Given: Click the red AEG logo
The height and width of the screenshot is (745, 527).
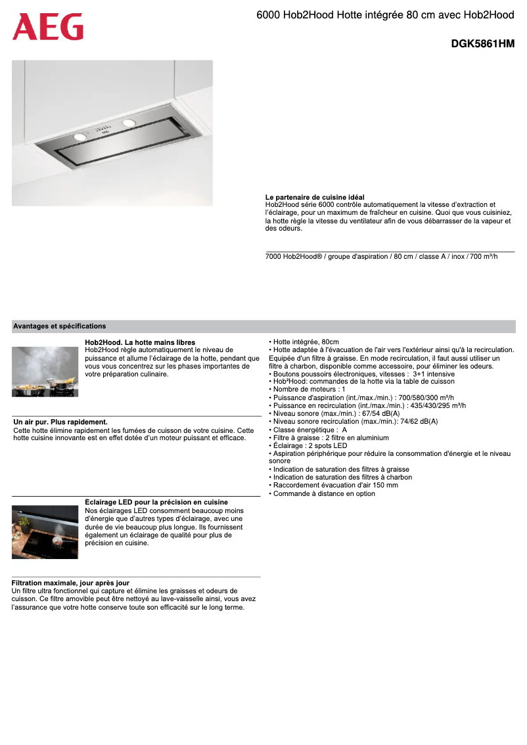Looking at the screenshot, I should point(48,27).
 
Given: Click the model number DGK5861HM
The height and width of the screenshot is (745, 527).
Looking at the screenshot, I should point(482,44).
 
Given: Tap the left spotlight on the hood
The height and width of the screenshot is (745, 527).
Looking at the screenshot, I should point(81,136).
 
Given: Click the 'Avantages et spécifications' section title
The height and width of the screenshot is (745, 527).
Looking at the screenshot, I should point(59,326).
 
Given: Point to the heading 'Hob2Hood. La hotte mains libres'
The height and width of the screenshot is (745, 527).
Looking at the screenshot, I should point(140,342).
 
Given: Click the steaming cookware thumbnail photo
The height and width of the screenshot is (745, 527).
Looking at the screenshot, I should point(45,372).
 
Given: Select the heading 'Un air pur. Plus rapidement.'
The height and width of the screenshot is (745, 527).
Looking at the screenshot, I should point(60,422).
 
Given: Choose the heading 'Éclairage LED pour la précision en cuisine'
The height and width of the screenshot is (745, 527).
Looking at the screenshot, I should point(156,502).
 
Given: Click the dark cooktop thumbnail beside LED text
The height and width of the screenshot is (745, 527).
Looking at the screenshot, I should point(45,531).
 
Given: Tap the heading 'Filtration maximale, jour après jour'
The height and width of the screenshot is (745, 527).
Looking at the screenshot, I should point(70,583).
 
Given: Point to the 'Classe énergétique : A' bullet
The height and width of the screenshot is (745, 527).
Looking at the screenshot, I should point(309,430).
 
